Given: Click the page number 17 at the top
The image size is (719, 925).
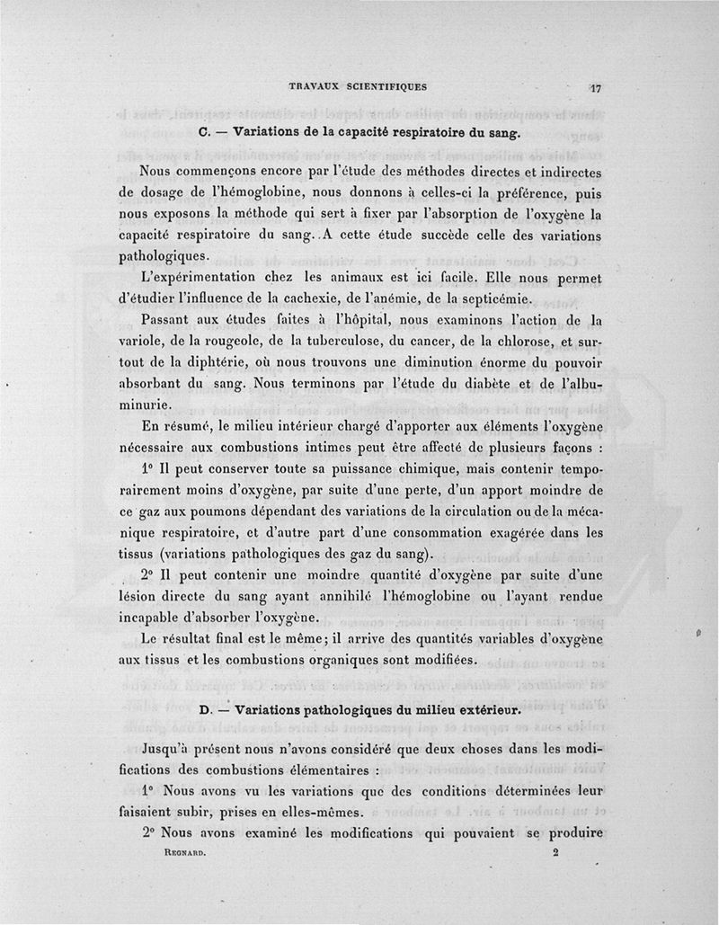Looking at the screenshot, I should pyautogui.click(x=595, y=88).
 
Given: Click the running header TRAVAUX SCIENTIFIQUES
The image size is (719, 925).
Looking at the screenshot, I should pyautogui.click(x=358, y=86).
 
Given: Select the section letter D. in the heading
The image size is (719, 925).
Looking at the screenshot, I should pyautogui.click(x=204, y=709).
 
